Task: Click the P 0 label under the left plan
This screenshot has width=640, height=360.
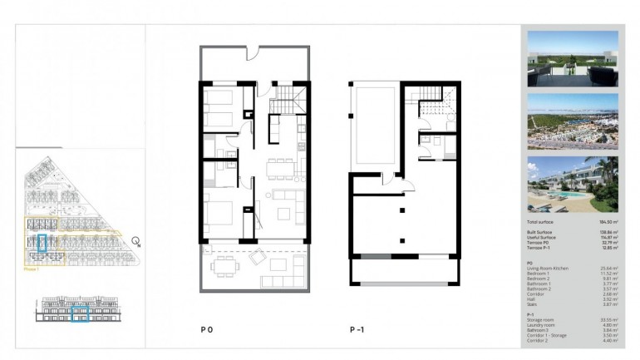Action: (207, 329)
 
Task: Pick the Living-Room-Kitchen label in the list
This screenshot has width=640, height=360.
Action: (549, 267)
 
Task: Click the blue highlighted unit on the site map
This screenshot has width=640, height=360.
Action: (43, 244)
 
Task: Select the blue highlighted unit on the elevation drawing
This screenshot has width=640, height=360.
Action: (81, 313)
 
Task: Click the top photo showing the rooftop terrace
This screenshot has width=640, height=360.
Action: (573, 58)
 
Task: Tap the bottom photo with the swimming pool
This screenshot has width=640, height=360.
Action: (573, 184)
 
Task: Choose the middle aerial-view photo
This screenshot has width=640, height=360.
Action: (573, 121)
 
